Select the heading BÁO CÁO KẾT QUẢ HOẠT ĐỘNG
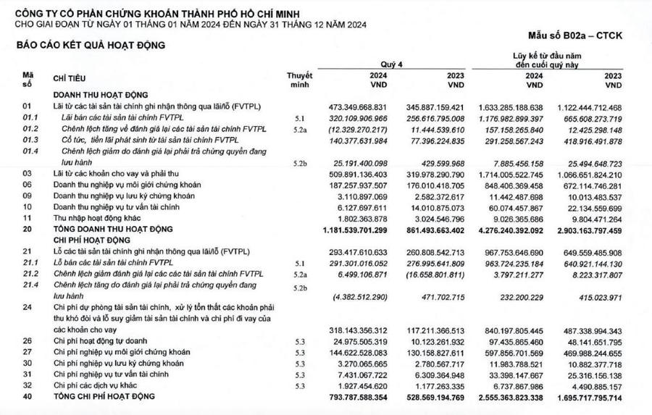[91, 45]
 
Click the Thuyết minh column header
[299, 79]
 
